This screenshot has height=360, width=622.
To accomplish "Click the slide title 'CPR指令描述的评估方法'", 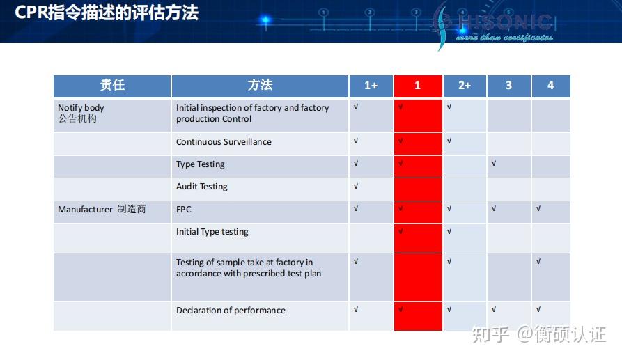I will click(107, 13).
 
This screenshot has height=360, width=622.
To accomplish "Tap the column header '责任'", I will click(112, 86).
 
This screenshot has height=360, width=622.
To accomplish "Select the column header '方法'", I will click(260, 86).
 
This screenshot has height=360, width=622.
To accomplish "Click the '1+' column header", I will click(371, 86).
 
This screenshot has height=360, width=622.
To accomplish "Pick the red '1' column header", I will click(418, 86).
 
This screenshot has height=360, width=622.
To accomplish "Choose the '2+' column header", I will click(465, 86).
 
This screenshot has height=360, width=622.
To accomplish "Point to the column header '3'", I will click(508, 86).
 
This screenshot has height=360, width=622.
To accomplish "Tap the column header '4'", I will click(550, 86).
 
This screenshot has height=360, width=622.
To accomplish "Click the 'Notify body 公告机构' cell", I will click(81, 114).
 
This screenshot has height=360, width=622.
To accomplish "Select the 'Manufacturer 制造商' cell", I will click(102, 209).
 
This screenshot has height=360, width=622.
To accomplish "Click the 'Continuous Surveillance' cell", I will click(224, 142).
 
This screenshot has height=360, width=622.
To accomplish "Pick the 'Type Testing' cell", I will click(201, 164).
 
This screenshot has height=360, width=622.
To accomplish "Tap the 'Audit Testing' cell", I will click(202, 187).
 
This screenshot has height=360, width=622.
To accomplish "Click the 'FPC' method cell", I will click(184, 209).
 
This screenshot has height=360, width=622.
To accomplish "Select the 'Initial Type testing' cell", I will click(212, 232).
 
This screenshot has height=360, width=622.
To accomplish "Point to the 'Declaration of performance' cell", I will click(231, 311).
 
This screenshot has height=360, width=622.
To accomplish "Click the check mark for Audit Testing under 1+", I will click(356, 186).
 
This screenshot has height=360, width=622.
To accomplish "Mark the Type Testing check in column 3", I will click(494, 164).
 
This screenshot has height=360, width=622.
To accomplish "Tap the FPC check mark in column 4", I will click(538, 208).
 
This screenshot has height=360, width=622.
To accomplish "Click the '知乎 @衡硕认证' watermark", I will click(538, 335).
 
